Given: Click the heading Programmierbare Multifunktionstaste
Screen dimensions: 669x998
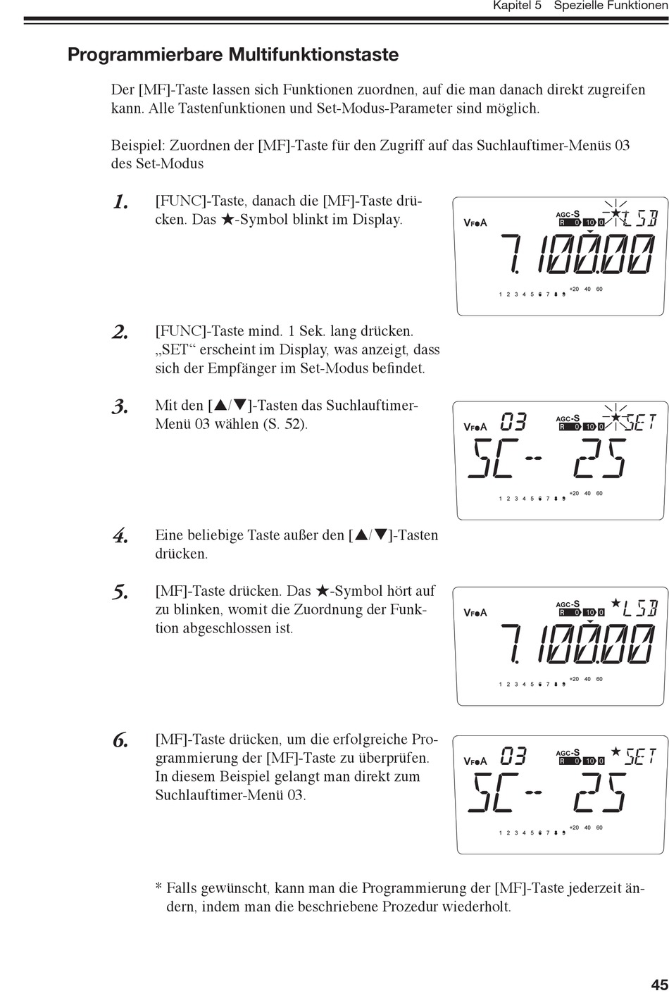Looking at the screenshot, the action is click(233, 55).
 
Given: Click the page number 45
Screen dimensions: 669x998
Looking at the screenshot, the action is click(659, 984).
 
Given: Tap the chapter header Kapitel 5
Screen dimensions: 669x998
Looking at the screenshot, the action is click(517, 6).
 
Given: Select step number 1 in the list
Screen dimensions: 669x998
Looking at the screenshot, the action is click(120, 202).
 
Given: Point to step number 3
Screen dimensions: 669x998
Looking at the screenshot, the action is click(120, 407).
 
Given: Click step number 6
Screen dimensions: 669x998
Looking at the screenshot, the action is click(120, 741).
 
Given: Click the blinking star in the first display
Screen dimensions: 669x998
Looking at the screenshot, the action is click(615, 213).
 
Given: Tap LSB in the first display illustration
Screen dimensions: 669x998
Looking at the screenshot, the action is click(641, 218).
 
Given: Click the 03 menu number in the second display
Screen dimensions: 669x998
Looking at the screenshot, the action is click(514, 421).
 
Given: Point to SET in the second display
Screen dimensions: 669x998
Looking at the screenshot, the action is click(641, 422).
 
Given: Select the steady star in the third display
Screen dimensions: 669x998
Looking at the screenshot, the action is click(615, 603).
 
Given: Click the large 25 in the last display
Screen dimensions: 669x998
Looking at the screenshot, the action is click(600, 794).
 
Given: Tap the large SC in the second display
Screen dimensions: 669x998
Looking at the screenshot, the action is click(493, 459).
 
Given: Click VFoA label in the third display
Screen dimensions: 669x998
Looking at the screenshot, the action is click(475, 613).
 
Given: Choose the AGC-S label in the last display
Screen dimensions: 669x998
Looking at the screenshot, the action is click(568, 752).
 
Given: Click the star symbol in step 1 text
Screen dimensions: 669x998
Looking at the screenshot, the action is click(227, 220).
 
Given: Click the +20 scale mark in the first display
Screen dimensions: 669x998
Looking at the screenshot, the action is click(574, 289).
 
